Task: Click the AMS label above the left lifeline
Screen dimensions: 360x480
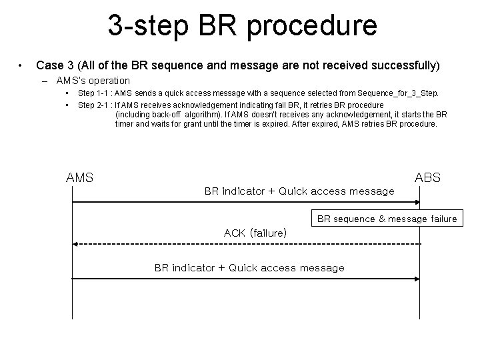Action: (x=79, y=178)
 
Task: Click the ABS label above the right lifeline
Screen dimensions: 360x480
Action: (x=427, y=178)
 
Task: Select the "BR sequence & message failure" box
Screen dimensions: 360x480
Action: (x=387, y=219)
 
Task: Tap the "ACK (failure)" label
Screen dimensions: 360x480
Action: (x=255, y=233)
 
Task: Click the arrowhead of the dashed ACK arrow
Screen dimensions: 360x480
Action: (x=75, y=245)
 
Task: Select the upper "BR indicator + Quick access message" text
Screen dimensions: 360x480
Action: (x=299, y=191)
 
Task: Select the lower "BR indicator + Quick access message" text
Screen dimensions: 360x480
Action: (x=249, y=268)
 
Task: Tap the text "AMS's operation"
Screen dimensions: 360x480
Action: (x=93, y=81)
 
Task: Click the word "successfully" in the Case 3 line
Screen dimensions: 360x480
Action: (x=403, y=65)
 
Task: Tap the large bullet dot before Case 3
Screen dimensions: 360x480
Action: (x=21, y=65)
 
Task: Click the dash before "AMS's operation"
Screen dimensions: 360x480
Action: (x=44, y=81)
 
